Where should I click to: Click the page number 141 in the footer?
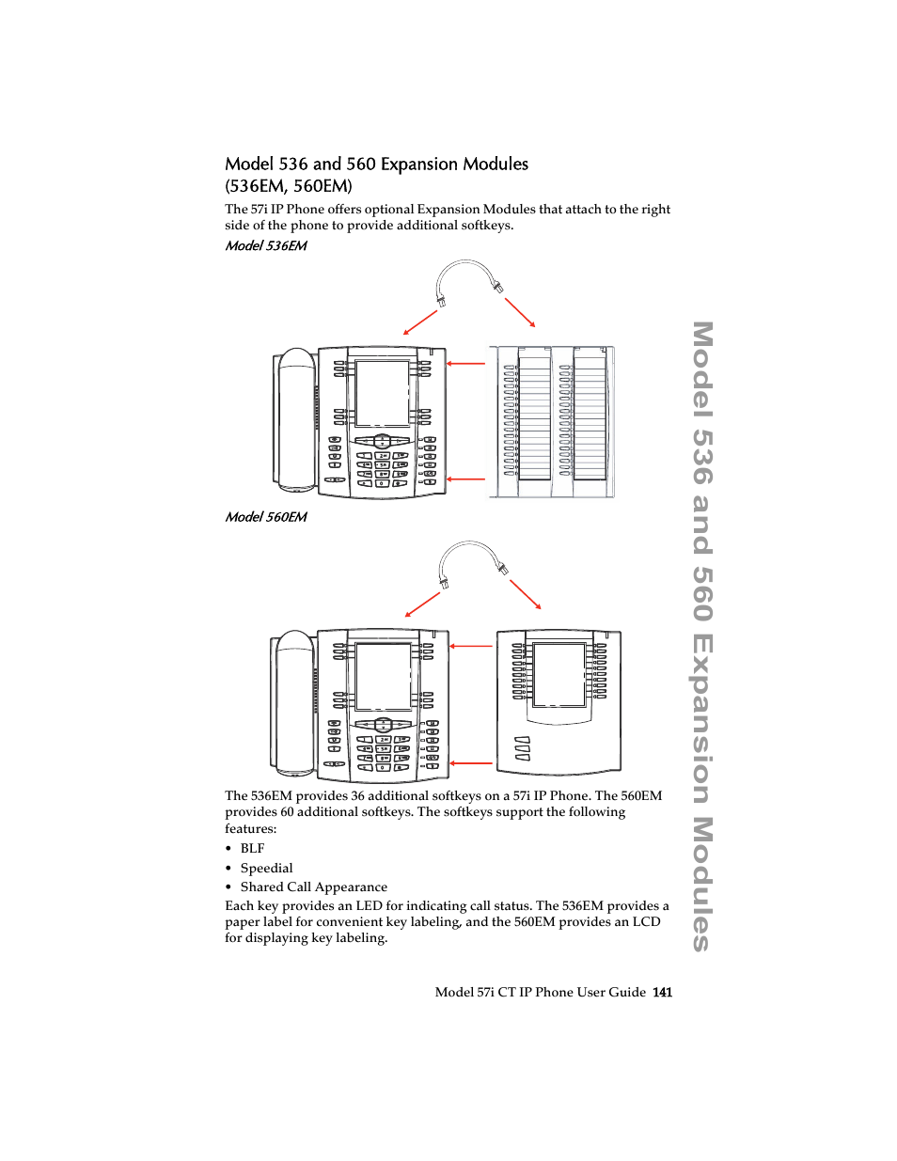click(x=663, y=992)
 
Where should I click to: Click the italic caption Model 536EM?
click(x=266, y=245)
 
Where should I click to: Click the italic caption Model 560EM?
click(x=266, y=517)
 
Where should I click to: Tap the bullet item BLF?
click(x=252, y=848)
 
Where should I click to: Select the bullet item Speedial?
click(x=266, y=868)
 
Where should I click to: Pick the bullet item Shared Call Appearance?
click(x=313, y=886)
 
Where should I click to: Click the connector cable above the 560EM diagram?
click(x=470, y=550)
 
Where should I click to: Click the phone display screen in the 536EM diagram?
click(x=382, y=393)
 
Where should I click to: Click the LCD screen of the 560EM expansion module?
click(x=559, y=674)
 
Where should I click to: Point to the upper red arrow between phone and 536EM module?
click(x=465, y=363)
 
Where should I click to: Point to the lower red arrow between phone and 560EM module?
click(x=471, y=763)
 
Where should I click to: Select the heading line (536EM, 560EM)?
click(x=289, y=186)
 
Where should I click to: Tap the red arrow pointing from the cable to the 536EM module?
click(x=520, y=313)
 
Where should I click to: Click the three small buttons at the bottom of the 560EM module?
click(x=523, y=748)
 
